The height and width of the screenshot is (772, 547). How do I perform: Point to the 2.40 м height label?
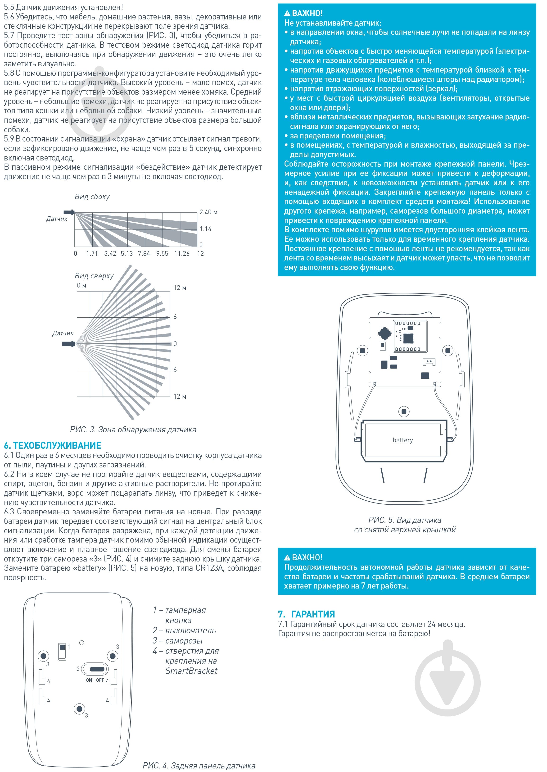pos(208,212)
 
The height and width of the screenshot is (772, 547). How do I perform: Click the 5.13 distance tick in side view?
pos(127,253)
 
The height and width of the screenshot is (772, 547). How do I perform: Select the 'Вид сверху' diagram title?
pos(94,276)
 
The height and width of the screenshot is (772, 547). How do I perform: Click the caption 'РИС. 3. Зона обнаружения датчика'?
pos(133,430)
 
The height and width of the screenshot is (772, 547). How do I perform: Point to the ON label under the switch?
pos(89,680)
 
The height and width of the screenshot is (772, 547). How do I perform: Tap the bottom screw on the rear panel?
pos(79,709)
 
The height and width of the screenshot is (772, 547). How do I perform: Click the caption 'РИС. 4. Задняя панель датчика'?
pos(199,766)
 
